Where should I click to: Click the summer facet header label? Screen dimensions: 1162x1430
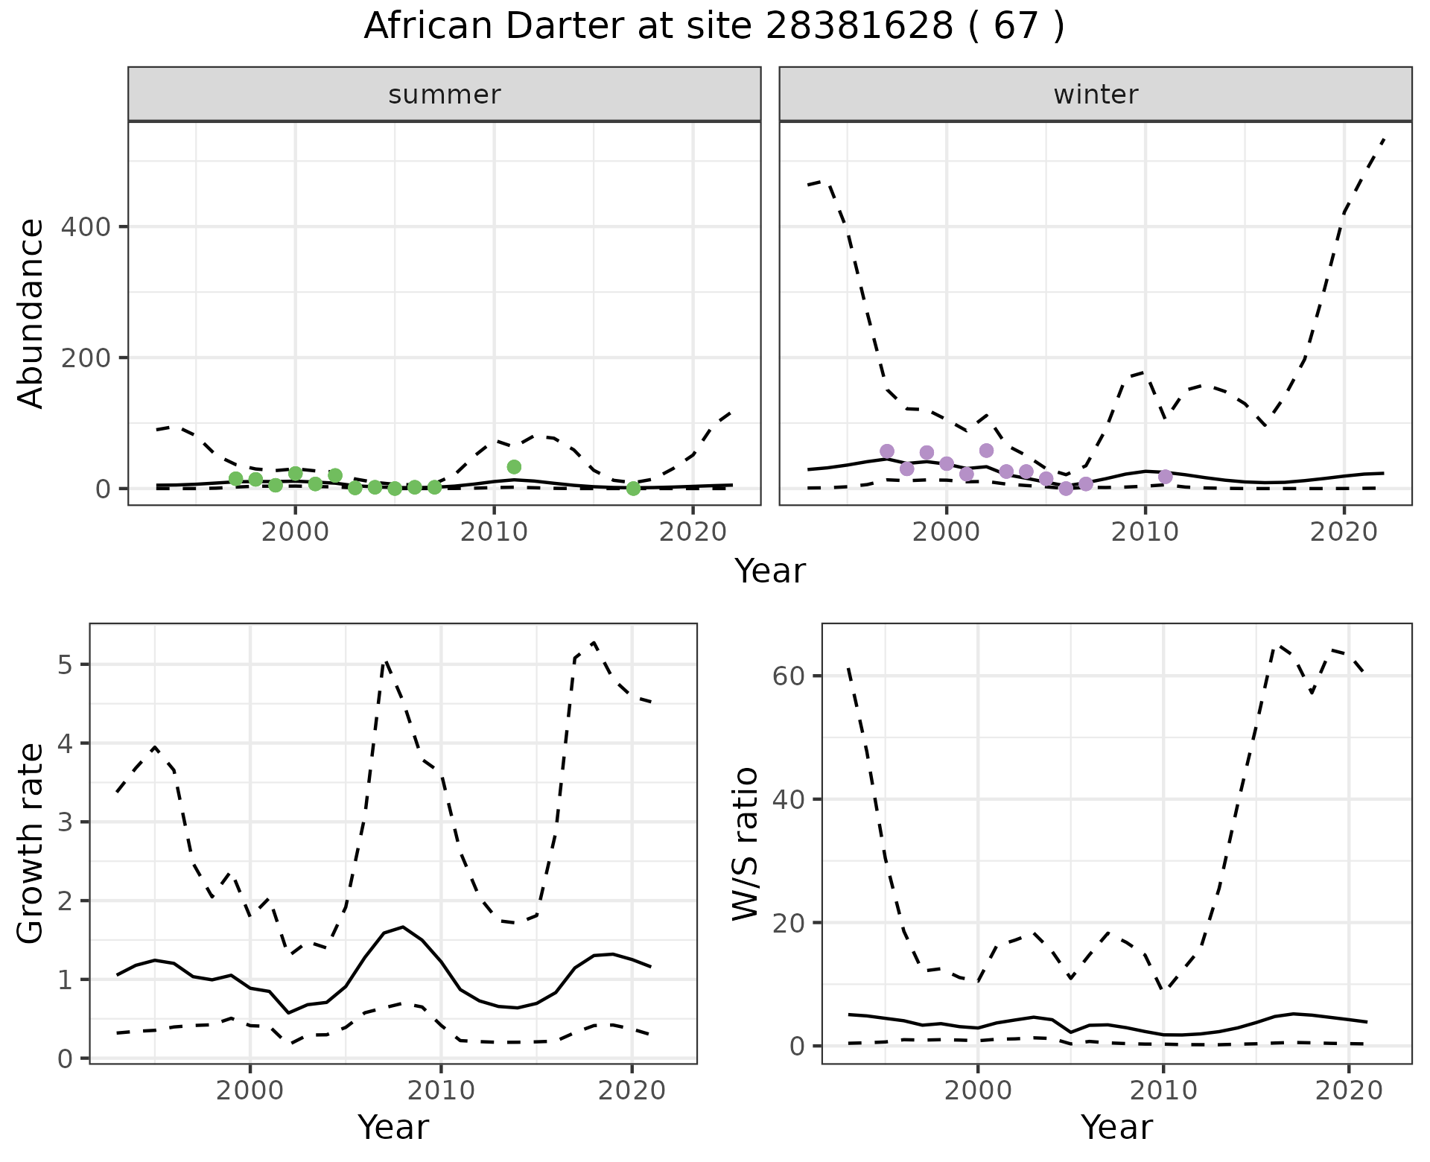pyautogui.click(x=445, y=95)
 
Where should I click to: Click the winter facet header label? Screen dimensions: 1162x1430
pyautogui.click(x=1096, y=95)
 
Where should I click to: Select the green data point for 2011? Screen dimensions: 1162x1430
pyautogui.click(x=514, y=467)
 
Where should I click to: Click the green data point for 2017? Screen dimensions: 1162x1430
pyautogui.click(x=633, y=489)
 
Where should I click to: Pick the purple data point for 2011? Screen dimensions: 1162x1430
pyautogui.click(x=1166, y=477)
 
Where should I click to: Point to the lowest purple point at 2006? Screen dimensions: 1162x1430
pyautogui.click(x=1066, y=489)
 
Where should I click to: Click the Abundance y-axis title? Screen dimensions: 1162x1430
pyautogui.click(x=31, y=313)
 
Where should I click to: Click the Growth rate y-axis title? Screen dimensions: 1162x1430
pyautogui.click(x=31, y=843)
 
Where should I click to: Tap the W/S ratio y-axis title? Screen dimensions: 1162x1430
pyautogui.click(x=745, y=843)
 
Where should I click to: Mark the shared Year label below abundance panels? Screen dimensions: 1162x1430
pyautogui.click(x=770, y=571)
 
